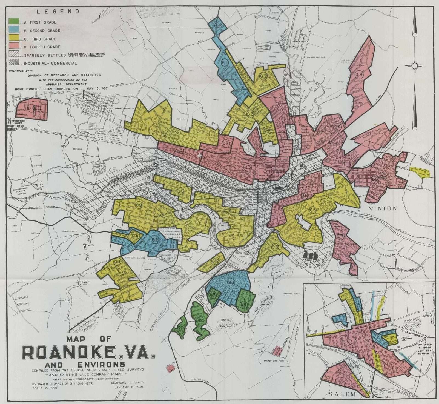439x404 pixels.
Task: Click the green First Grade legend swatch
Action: [14, 21]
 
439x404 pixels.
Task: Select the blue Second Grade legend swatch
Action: [14, 29]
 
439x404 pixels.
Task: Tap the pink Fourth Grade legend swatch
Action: [14, 45]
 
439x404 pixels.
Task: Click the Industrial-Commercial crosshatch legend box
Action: [14, 62]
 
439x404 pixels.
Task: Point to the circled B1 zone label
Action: [225, 63]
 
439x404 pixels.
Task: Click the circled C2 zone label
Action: [263, 76]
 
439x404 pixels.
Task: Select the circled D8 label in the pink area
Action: [31, 108]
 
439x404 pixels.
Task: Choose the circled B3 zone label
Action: [231, 282]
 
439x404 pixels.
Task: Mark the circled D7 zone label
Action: [340, 236]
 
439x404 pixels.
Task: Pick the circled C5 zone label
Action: [312, 210]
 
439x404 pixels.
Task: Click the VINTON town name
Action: [383, 208]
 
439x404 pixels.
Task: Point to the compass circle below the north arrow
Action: [415, 66]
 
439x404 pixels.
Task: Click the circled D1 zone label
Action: [182, 150]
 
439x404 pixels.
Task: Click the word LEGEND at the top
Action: [58, 12]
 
